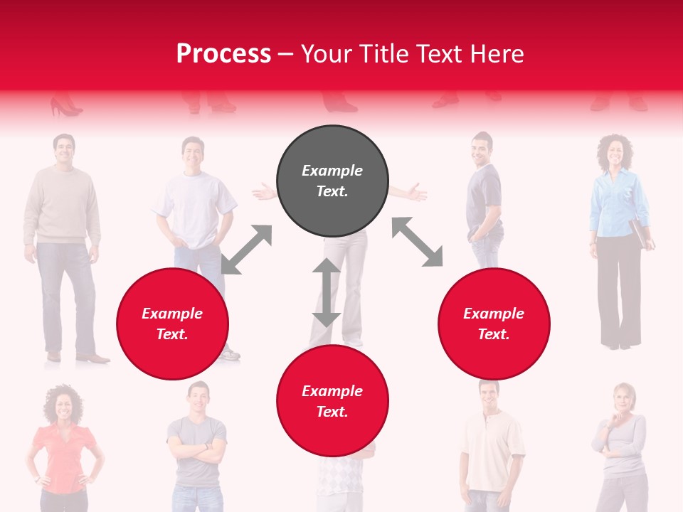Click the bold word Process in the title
[223, 54]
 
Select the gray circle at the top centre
[332, 181]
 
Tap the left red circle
[172, 324]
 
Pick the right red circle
[494, 324]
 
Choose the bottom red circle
[332, 401]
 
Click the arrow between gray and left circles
[246, 250]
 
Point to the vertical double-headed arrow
[327, 292]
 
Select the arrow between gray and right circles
[418, 242]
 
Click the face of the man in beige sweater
[63, 149]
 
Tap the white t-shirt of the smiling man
[194, 206]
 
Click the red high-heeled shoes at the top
[65, 107]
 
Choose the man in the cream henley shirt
[490, 448]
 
